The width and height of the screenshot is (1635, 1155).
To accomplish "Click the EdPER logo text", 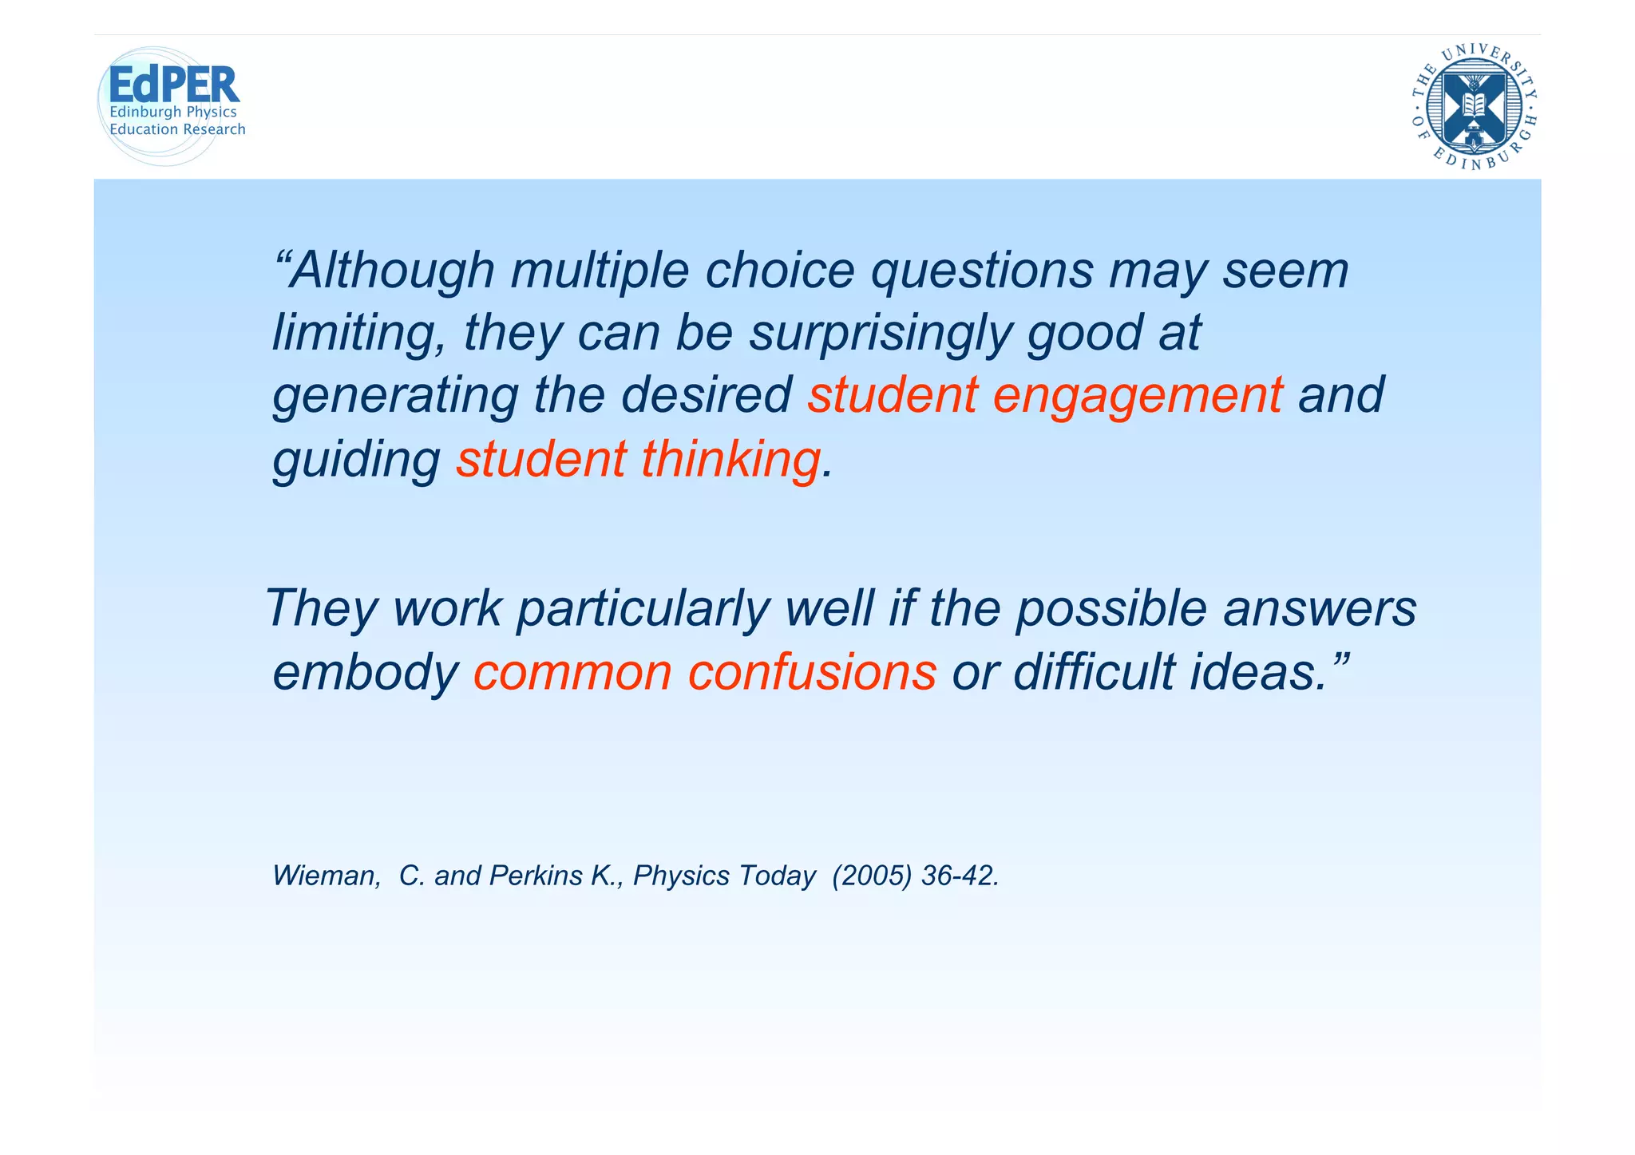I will point(173,85).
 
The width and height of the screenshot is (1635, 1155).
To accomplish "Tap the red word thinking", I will point(730,460).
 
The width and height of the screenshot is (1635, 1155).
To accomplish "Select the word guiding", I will point(356,460).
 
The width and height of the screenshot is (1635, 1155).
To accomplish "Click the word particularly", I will point(643,608).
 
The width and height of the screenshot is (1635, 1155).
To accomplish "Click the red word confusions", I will point(812,672).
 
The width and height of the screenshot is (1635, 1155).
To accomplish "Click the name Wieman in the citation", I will point(324,876).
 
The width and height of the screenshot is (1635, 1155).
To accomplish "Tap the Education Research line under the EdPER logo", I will point(177,129).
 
